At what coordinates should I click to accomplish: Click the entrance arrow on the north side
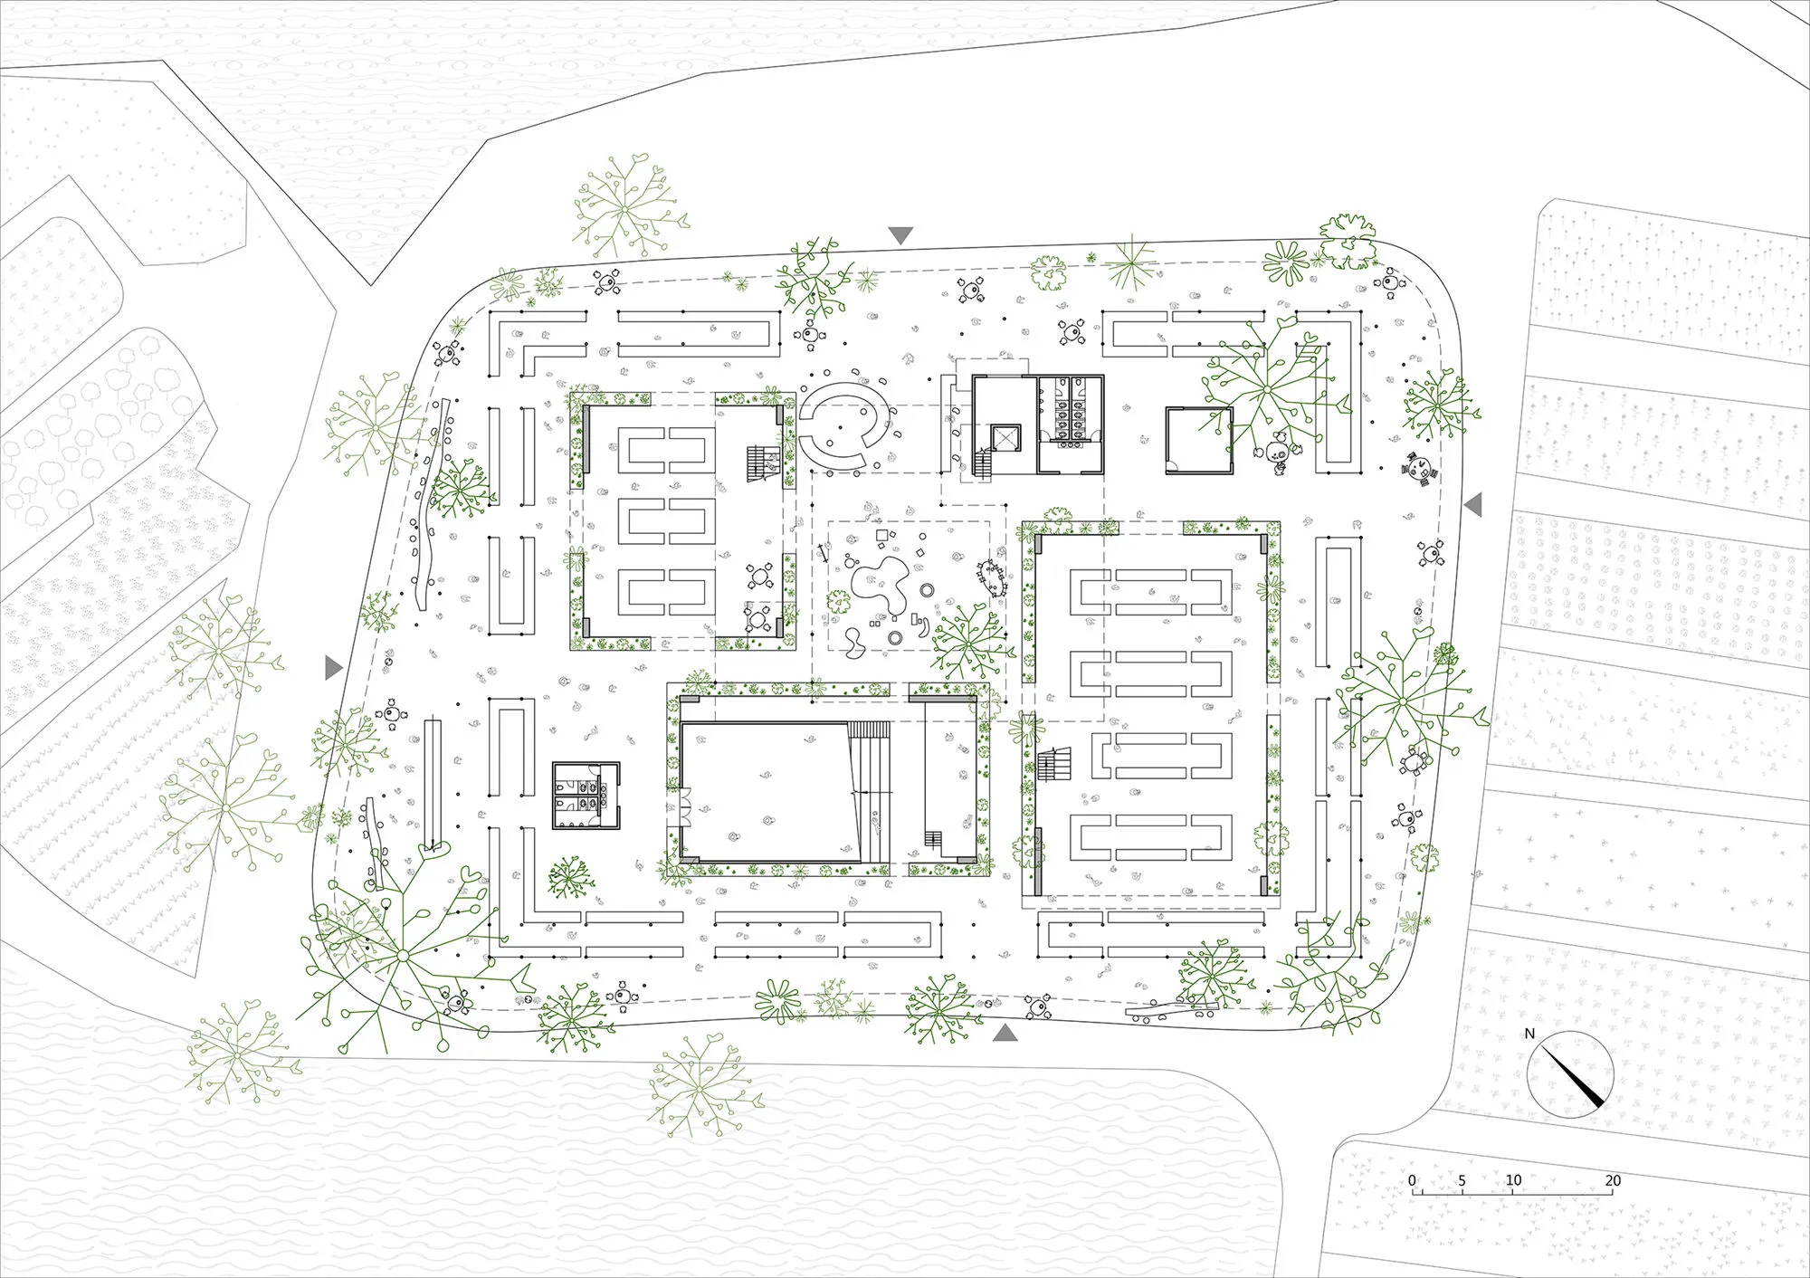[900, 235]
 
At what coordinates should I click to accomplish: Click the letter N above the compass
[1529, 1033]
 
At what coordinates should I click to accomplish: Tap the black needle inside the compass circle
[1578, 1077]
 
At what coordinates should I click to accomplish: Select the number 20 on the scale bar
[1613, 1180]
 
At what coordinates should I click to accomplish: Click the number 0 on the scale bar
[1413, 1180]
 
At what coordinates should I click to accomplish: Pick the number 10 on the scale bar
[1513, 1180]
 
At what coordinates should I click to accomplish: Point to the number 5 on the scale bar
[1462, 1180]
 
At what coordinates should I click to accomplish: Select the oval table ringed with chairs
[991, 577]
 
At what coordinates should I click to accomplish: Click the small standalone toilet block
[586, 795]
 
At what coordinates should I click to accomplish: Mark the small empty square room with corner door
[1199, 441]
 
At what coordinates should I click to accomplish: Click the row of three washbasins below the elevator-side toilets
[1071, 432]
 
